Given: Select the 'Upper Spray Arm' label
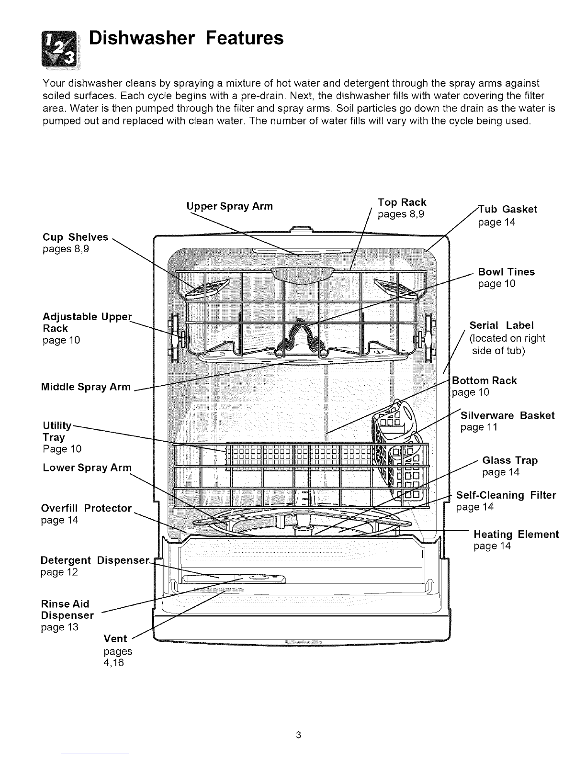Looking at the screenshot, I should pos(229,206).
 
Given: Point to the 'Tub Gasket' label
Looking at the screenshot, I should pos(508,209).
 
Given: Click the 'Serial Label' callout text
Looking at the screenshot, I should pos(501,325).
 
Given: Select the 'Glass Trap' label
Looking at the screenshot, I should pos(510,460).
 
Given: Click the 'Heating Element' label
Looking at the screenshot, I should pos(516,534).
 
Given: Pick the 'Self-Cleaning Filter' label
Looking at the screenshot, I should pos(506,495).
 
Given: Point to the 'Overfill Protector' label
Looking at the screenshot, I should pos(86,508).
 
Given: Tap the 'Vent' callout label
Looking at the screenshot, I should pos(115,638).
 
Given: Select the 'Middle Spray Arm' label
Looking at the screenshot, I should pos(86,387).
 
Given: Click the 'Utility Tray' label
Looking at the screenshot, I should pos(56,431).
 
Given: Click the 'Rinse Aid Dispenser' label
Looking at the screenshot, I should pos(67,609).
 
